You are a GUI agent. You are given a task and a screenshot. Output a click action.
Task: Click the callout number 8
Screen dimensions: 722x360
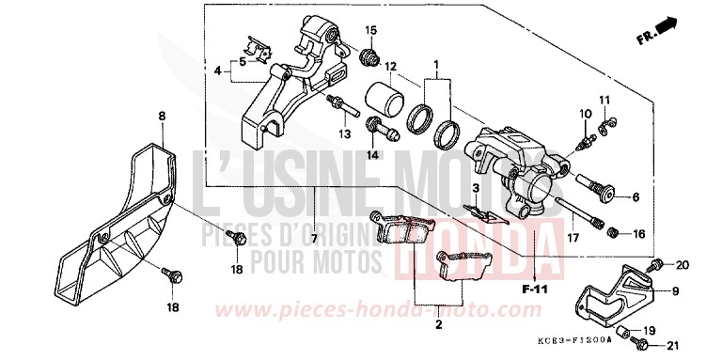pyautogui.click(x=161, y=116)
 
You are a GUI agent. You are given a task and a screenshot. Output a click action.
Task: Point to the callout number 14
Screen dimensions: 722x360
pyautogui.click(x=372, y=155)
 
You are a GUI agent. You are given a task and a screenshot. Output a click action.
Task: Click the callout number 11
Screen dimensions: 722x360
pyautogui.click(x=605, y=100)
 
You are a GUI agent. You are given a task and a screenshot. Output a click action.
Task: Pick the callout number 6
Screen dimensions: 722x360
pyautogui.click(x=635, y=197)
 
